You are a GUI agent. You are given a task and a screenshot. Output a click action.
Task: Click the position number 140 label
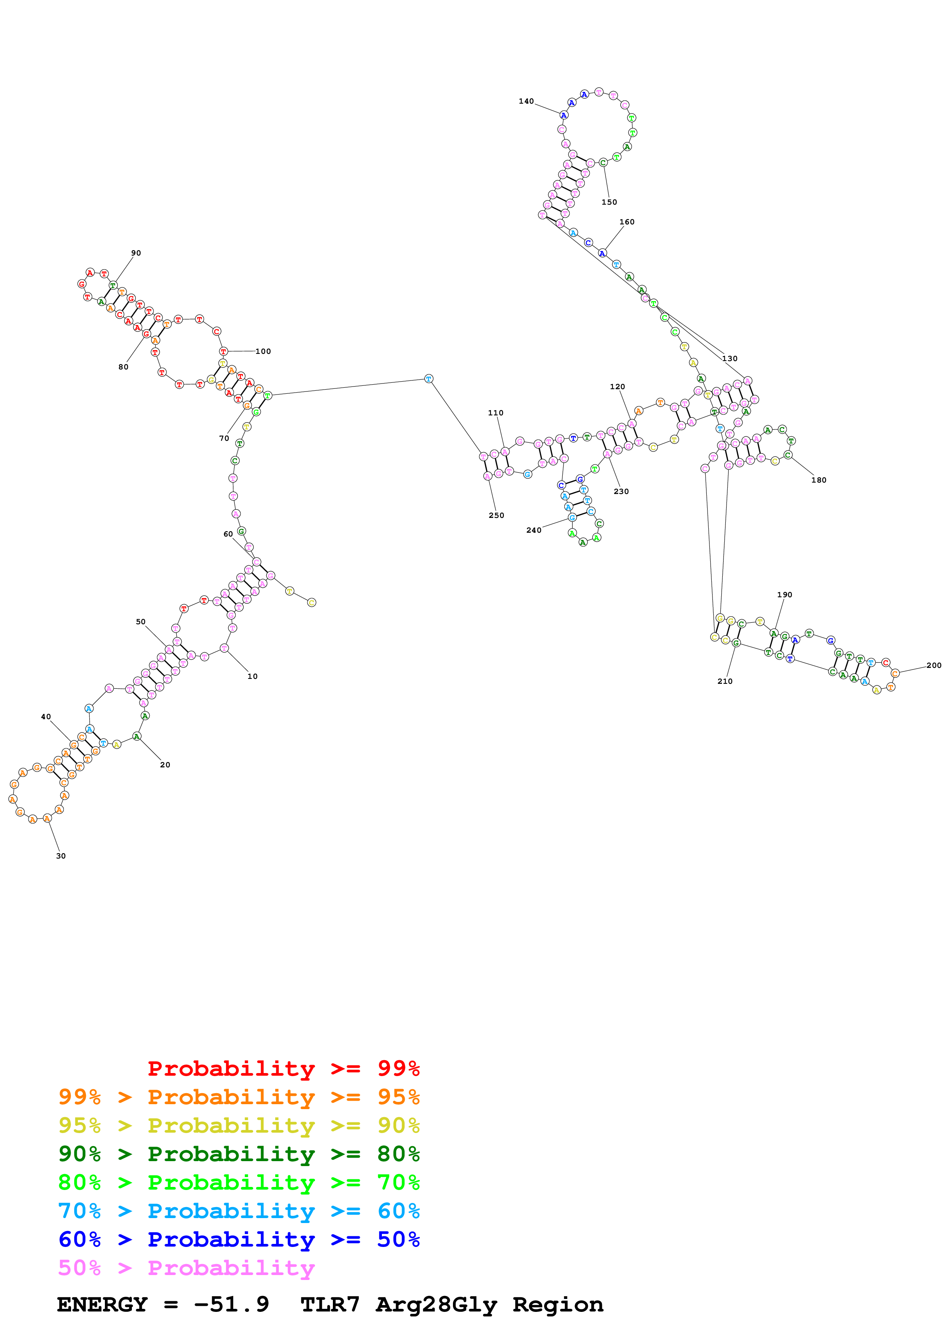click(x=526, y=101)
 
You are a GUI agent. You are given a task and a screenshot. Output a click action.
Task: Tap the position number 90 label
click(x=136, y=253)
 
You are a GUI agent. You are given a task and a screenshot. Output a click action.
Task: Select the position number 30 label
click(x=61, y=856)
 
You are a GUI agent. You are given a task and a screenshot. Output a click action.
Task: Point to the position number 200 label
click(x=933, y=665)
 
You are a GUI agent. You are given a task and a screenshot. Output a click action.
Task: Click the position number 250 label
click(x=496, y=515)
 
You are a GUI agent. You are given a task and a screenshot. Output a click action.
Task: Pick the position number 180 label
click(x=819, y=480)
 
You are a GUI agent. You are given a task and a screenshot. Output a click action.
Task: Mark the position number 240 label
click(x=534, y=530)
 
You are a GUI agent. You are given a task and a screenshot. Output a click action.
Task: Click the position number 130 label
click(x=730, y=358)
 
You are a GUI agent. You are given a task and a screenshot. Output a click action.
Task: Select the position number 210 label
click(x=725, y=681)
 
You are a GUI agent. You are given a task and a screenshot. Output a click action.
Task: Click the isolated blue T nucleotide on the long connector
click(x=428, y=379)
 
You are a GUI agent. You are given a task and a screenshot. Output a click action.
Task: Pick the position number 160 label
click(x=627, y=222)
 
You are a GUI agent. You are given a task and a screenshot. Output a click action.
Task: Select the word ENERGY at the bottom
click(x=102, y=1305)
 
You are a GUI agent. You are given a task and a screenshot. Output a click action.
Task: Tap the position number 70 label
click(x=224, y=439)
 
